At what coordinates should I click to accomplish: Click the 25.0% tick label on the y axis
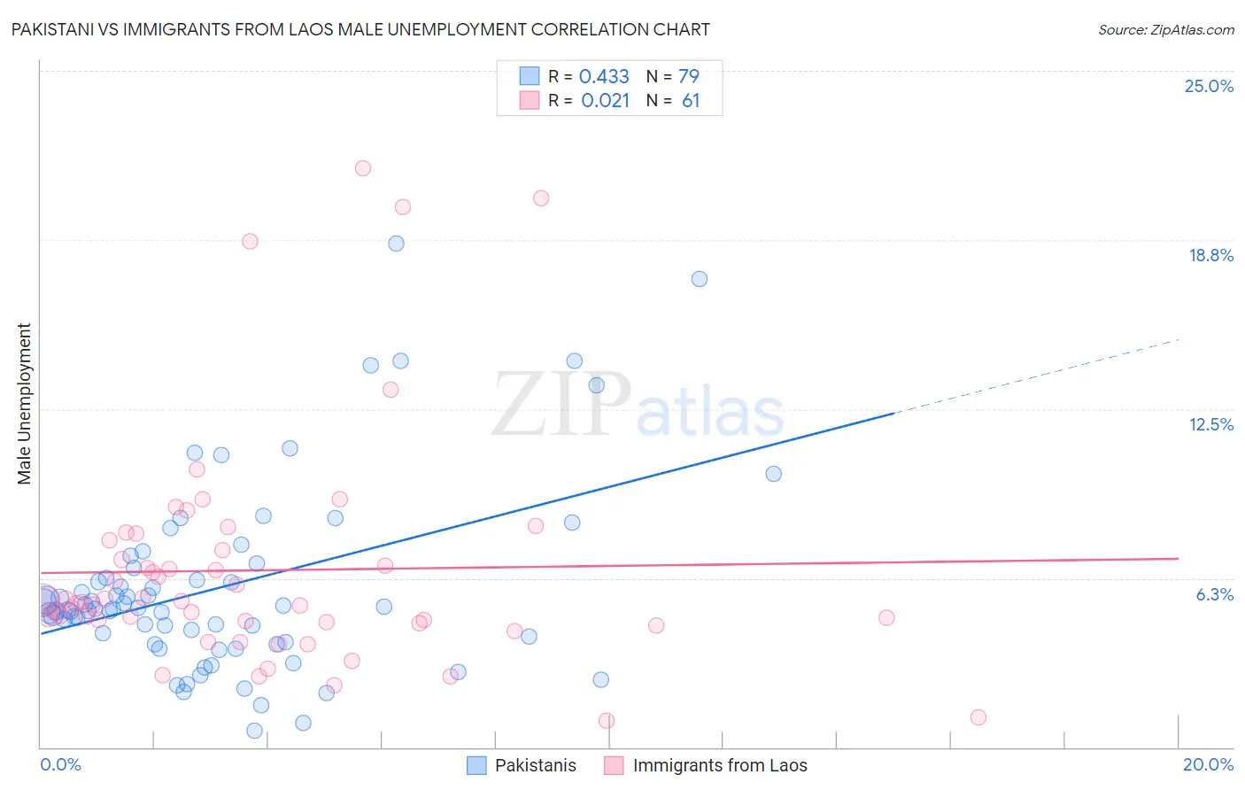1209,86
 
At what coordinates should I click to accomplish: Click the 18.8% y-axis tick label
1210,255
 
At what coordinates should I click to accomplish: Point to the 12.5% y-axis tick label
1210,424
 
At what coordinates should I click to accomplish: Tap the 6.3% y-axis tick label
1214,594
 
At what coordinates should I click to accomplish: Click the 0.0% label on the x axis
60,764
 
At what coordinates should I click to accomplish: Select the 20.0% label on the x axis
1208,764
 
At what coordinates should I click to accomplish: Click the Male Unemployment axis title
25,404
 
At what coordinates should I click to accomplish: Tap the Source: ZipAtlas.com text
1165,30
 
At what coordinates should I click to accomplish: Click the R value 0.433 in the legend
604,77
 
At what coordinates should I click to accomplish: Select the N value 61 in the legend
691,101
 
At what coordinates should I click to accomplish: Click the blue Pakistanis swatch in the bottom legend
476,765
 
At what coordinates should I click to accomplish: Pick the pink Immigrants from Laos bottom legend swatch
614,765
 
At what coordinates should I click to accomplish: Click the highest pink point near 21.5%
363,168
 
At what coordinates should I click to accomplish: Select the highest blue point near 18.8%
397,244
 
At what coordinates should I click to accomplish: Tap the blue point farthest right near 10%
774,474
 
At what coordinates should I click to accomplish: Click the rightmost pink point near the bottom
978,717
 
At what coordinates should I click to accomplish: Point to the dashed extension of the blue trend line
1036,376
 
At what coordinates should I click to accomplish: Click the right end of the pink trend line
1178,558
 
